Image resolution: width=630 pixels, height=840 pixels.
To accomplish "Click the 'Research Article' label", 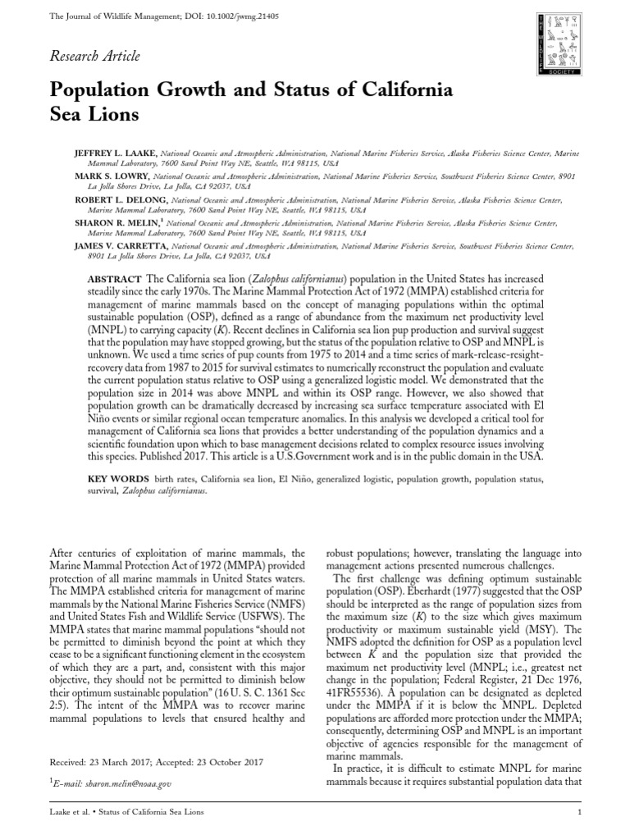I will pos(96,56).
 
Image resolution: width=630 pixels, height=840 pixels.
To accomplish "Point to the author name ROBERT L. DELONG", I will pos(116,199).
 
